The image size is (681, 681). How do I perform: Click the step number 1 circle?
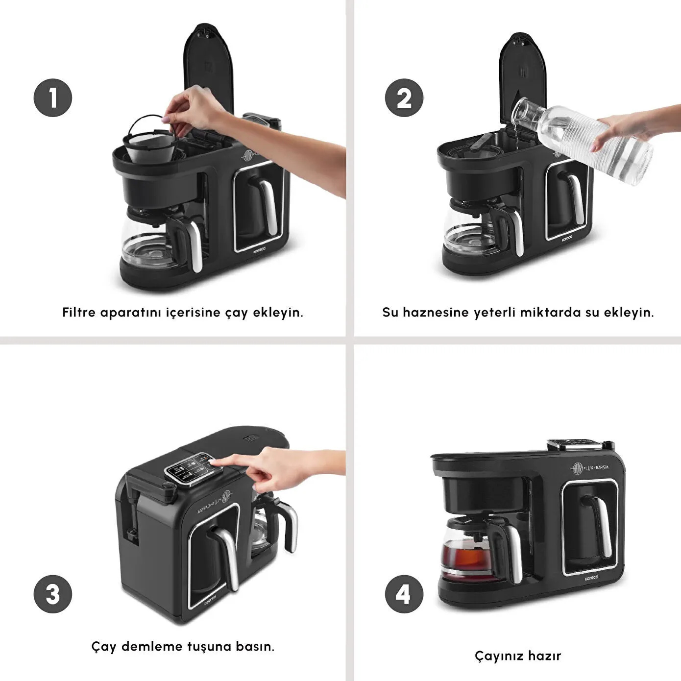(53, 98)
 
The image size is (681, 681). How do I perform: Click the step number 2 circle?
(404, 98)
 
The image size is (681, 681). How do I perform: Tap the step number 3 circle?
(53, 594)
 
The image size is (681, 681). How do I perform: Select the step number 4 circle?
(404, 594)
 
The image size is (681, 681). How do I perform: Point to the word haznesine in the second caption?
(436, 313)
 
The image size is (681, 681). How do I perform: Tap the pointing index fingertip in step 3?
(211, 461)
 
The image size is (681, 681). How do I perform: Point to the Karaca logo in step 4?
(591, 578)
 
